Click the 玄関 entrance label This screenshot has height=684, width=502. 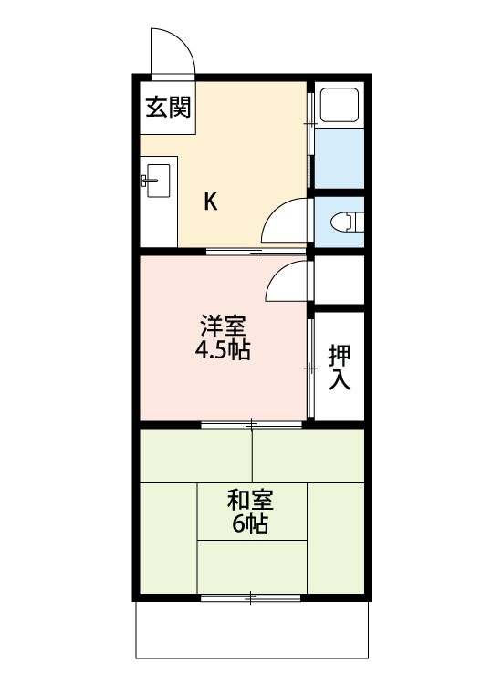tap(168, 108)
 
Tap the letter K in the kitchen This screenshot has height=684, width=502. tap(210, 202)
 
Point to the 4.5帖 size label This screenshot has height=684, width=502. tap(223, 350)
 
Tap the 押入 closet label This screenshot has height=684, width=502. tap(340, 367)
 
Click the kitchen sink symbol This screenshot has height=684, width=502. tap(156, 181)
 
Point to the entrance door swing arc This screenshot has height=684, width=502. tap(173, 50)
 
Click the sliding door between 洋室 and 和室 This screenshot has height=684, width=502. tap(252, 424)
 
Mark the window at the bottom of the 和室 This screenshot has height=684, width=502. tap(250, 598)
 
